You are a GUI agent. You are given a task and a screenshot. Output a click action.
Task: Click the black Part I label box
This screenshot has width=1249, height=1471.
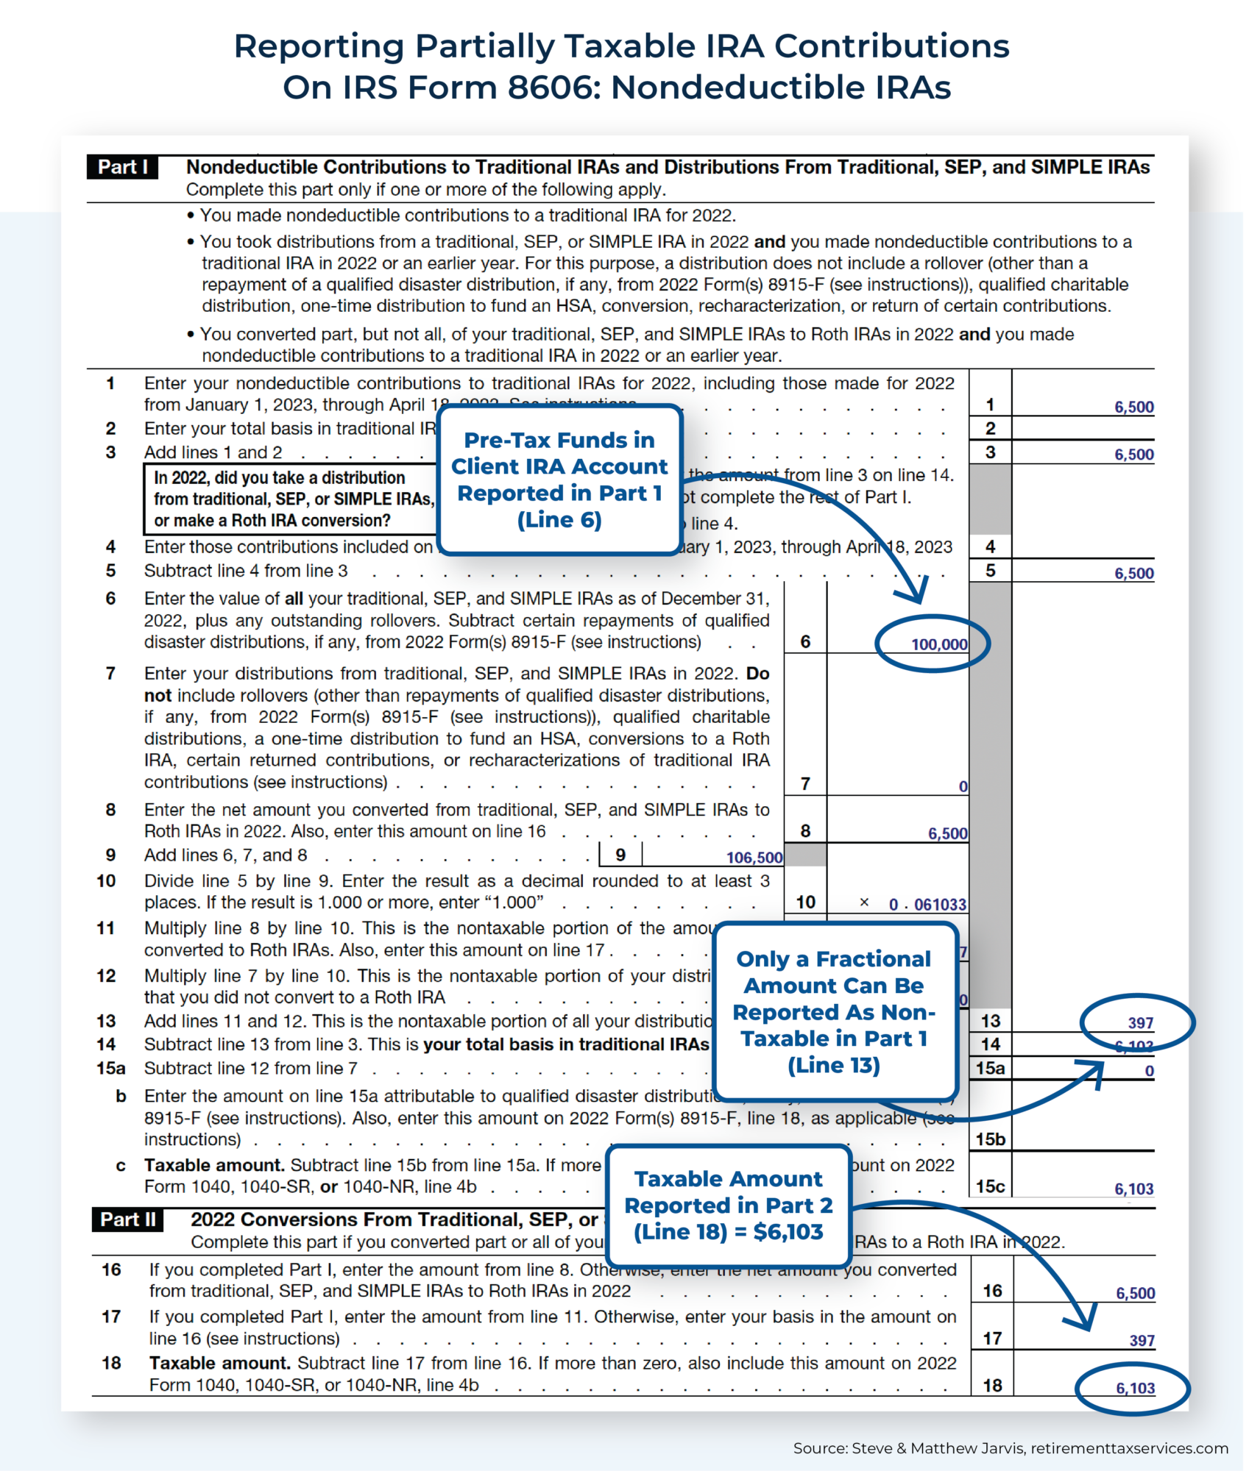tap(123, 167)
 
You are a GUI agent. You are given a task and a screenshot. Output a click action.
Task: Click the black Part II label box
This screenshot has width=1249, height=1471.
tap(128, 1219)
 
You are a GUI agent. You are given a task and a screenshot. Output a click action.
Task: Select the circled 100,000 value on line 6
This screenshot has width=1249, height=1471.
tap(938, 644)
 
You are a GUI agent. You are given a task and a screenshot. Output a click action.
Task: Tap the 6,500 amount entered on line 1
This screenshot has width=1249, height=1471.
tap(1133, 407)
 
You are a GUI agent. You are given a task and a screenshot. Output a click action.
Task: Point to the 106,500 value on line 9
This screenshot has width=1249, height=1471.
tap(754, 857)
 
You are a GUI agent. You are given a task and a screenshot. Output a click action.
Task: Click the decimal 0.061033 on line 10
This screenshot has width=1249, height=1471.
tap(927, 905)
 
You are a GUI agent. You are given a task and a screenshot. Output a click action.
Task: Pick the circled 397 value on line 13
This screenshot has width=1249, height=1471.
tap(1140, 1022)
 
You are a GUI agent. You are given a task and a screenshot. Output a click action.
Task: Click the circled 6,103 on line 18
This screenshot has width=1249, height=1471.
tap(1135, 1388)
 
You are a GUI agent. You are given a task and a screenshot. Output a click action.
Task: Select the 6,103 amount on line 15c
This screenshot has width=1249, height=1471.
tap(1133, 1189)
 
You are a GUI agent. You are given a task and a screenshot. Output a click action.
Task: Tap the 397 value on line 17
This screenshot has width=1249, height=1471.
tap(1142, 1340)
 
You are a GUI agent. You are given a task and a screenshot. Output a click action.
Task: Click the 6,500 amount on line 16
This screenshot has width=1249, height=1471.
tap(1135, 1293)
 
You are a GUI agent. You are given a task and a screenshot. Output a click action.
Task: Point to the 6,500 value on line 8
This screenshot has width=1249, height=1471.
tap(947, 833)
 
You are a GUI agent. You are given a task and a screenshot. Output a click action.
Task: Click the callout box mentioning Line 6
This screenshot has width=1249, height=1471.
tap(559, 480)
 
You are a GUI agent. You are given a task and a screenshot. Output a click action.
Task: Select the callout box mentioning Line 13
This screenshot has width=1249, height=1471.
tap(834, 1012)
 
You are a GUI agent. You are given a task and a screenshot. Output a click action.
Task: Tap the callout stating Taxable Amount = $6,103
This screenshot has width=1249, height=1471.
tap(728, 1205)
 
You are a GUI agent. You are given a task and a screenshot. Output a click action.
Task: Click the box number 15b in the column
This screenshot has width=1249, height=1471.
tap(990, 1139)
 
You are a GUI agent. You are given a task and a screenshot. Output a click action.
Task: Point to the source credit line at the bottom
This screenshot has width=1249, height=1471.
tap(1010, 1448)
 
